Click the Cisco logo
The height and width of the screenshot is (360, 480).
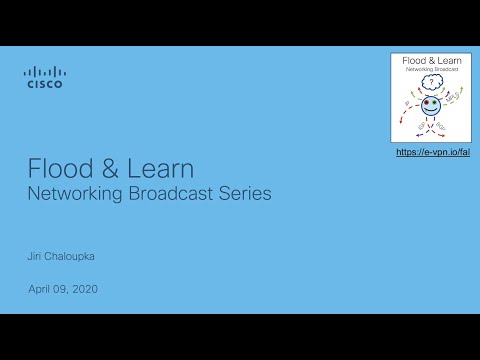(x=43, y=77)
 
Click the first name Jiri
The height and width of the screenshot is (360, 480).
(x=35, y=256)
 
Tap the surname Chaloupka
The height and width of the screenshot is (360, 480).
(x=75, y=256)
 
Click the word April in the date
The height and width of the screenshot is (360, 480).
(x=40, y=289)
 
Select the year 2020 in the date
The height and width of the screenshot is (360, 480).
(x=85, y=289)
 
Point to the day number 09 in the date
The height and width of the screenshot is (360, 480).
(x=62, y=289)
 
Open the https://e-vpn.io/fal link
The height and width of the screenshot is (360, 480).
(x=432, y=152)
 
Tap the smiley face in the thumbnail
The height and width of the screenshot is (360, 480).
(x=430, y=105)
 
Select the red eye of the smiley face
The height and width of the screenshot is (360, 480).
(x=426, y=102)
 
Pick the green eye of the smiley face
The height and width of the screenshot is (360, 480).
(x=434, y=102)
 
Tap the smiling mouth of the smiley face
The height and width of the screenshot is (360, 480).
(x=430, y=110)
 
